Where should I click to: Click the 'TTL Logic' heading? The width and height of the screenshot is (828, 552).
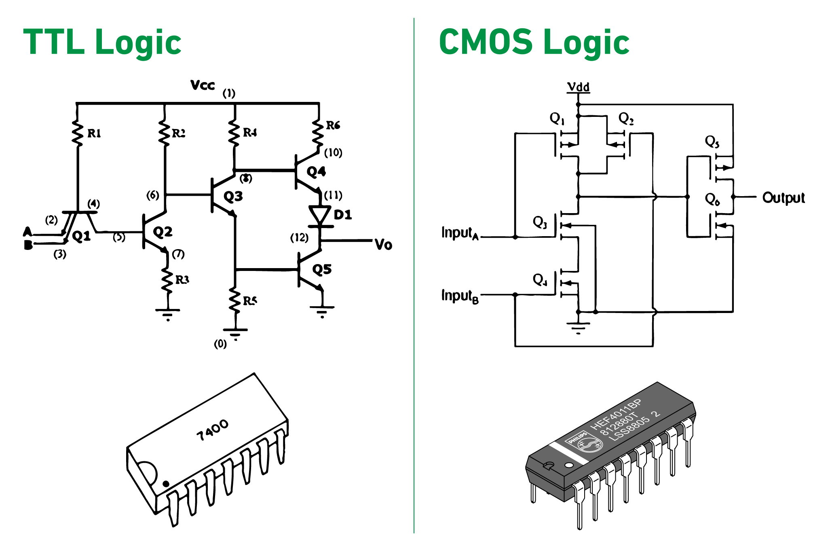[102, 42]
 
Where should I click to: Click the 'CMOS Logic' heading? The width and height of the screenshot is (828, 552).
[534, 42]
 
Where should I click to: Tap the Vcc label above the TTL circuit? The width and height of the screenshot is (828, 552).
[203, 85]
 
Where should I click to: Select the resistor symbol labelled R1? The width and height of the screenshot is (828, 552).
[78, 131]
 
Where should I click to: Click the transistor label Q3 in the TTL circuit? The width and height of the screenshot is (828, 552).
[233, 197]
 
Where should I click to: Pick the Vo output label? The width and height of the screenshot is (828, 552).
[383, 245]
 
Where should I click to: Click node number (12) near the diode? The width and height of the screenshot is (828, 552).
[299, 237]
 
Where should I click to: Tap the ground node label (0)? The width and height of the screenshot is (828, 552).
[220, 344]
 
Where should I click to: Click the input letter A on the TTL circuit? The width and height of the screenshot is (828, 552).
[27, 232]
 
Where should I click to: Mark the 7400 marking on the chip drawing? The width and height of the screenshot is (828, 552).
[213, 430]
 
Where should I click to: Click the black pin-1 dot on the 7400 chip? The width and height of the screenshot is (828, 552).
[166, 484]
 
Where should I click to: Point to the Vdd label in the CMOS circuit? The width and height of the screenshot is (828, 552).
[578, 87]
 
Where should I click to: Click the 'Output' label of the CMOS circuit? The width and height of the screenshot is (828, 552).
[783, 198]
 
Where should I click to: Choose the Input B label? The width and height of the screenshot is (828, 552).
[460, 296]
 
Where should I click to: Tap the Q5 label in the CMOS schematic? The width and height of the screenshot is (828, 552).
[712, 142]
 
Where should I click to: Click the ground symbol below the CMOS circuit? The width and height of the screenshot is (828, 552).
[578, 327]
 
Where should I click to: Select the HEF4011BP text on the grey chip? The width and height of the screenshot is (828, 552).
[615, 415]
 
